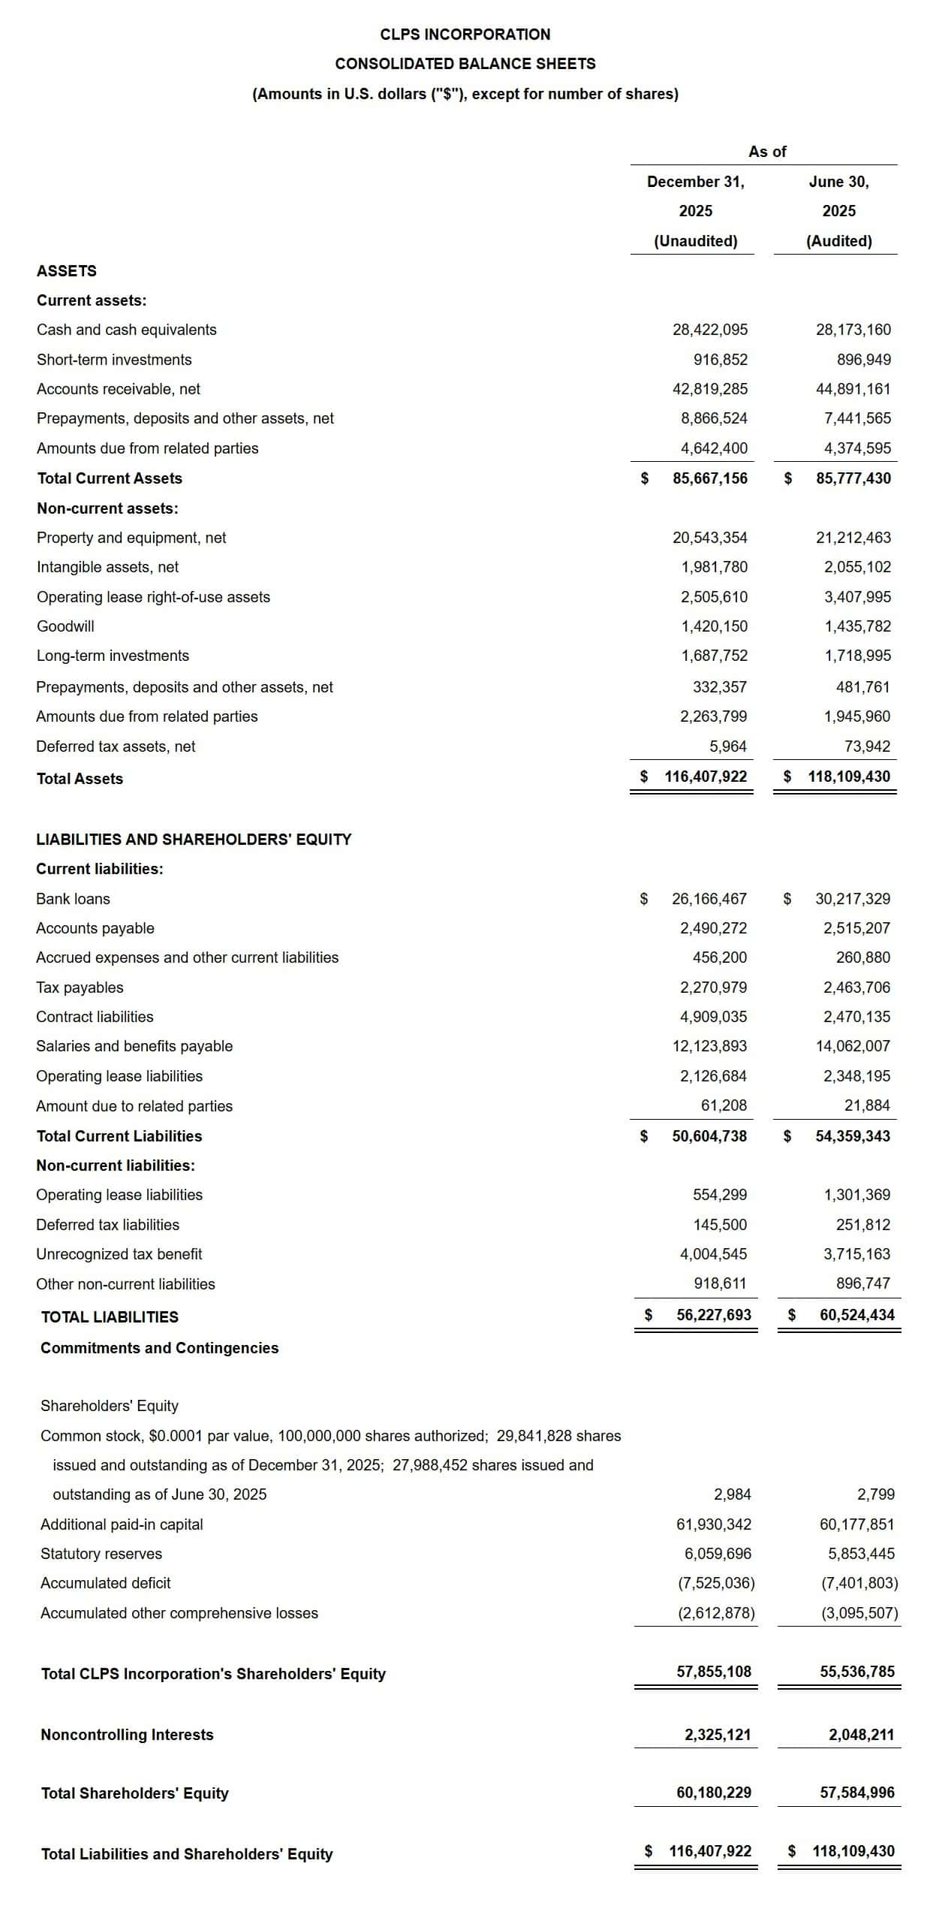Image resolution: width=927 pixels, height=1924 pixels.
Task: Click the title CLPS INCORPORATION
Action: pos(465,35)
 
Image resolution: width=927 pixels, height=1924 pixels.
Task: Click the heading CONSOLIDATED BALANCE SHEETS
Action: pos(465,64)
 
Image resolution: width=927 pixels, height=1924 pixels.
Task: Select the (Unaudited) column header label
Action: pos(695,241)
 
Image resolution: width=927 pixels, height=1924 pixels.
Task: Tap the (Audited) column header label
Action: pos(838,241)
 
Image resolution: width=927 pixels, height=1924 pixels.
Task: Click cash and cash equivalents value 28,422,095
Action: pos(709,330)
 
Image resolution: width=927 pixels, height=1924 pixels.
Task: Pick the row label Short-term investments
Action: pos(114,360)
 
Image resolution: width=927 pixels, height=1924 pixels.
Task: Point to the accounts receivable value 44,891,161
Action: pos(853,389)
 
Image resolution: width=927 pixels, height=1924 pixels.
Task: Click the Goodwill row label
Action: pos(65,626)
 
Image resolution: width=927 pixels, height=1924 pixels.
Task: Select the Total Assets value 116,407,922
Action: pos(705,777)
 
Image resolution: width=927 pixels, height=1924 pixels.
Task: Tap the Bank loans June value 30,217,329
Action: pos(852,899)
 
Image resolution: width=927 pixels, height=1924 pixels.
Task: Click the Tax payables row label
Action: pos(80,988)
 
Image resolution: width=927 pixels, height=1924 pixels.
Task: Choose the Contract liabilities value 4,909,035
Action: pos(713,1017)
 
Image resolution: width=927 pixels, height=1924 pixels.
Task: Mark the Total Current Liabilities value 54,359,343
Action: pos(852,1136)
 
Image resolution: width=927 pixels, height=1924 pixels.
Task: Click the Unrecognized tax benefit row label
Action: pos(119,1254)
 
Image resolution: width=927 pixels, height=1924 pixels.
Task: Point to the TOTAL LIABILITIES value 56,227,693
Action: pos(713,1315)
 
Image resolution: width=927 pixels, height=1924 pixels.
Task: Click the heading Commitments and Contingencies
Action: pos(159,1348)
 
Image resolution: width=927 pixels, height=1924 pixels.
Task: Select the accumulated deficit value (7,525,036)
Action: pos(715,1583)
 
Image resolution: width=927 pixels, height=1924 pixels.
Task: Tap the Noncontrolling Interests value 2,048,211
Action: pos(861,1735)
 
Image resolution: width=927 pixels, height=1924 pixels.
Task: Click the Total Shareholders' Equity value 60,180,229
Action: pos(713,1793)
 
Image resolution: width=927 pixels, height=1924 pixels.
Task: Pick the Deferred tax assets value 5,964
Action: pos(727,746)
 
